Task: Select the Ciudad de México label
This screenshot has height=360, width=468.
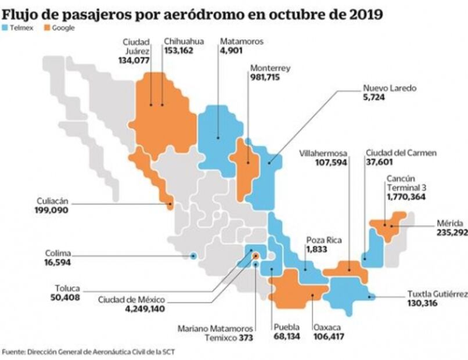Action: tap(131, 300)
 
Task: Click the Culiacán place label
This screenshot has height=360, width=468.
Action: tap(52, 201)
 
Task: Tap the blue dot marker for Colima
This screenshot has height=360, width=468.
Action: tap(193, 255)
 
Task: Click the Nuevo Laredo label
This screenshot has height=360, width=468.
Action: tap(390, 89)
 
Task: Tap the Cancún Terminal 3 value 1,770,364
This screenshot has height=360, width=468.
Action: tap(407, 197)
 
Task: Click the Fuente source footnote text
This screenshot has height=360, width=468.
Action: tap(88, 352)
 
